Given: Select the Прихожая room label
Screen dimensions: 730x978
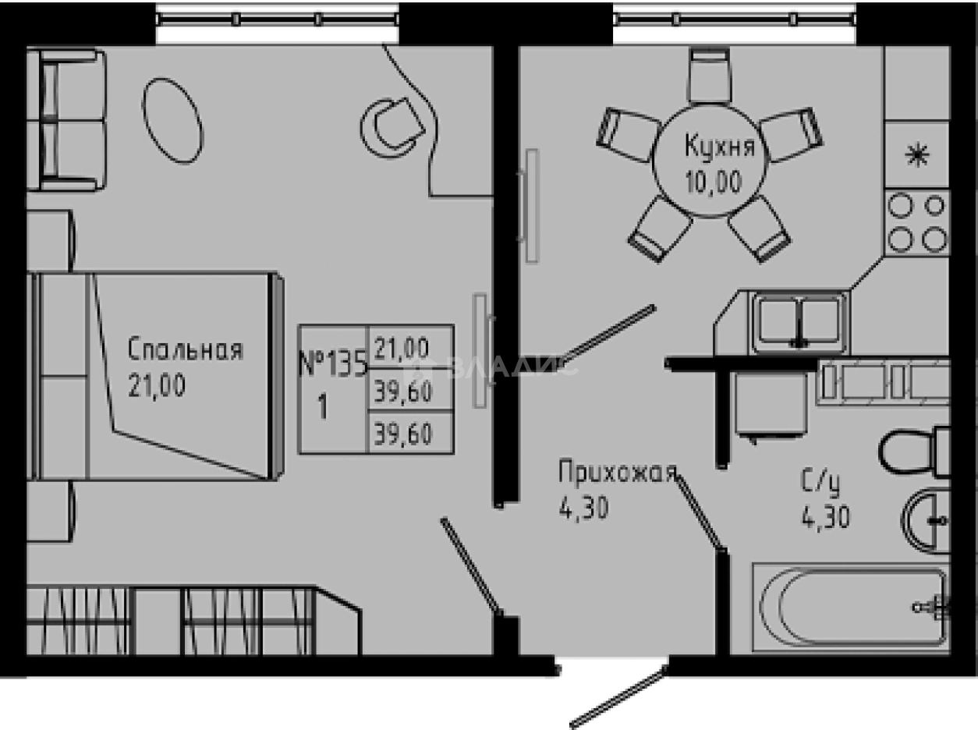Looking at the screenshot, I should pos(615,473).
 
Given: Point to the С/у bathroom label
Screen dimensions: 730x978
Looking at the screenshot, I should pos(819,484).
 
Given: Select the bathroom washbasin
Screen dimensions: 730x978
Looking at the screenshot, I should pos(927,516).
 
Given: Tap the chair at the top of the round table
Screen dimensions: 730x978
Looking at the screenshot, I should pos(710,75).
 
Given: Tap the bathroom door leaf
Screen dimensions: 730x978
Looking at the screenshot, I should pos(700,512).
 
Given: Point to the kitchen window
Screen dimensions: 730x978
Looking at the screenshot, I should pos(734,19).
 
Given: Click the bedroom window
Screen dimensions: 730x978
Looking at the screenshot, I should pos(278,19).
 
